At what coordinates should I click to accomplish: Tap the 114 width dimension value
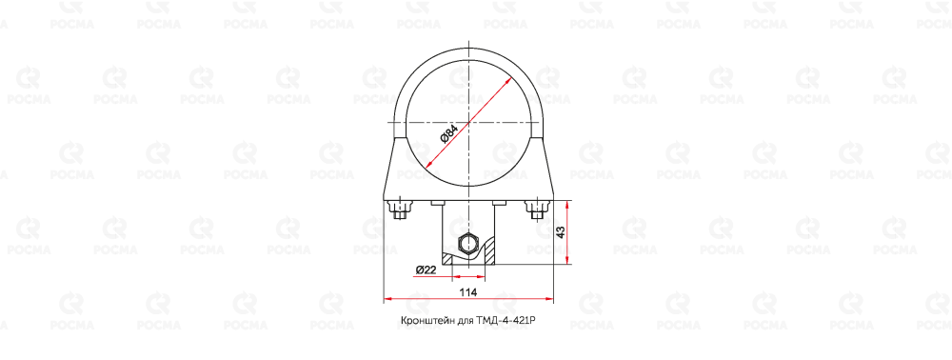(467, 292)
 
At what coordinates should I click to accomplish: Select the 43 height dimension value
(561, 232)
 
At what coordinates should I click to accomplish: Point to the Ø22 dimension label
(426, 270)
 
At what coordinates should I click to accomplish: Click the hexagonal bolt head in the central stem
(467, 244)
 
